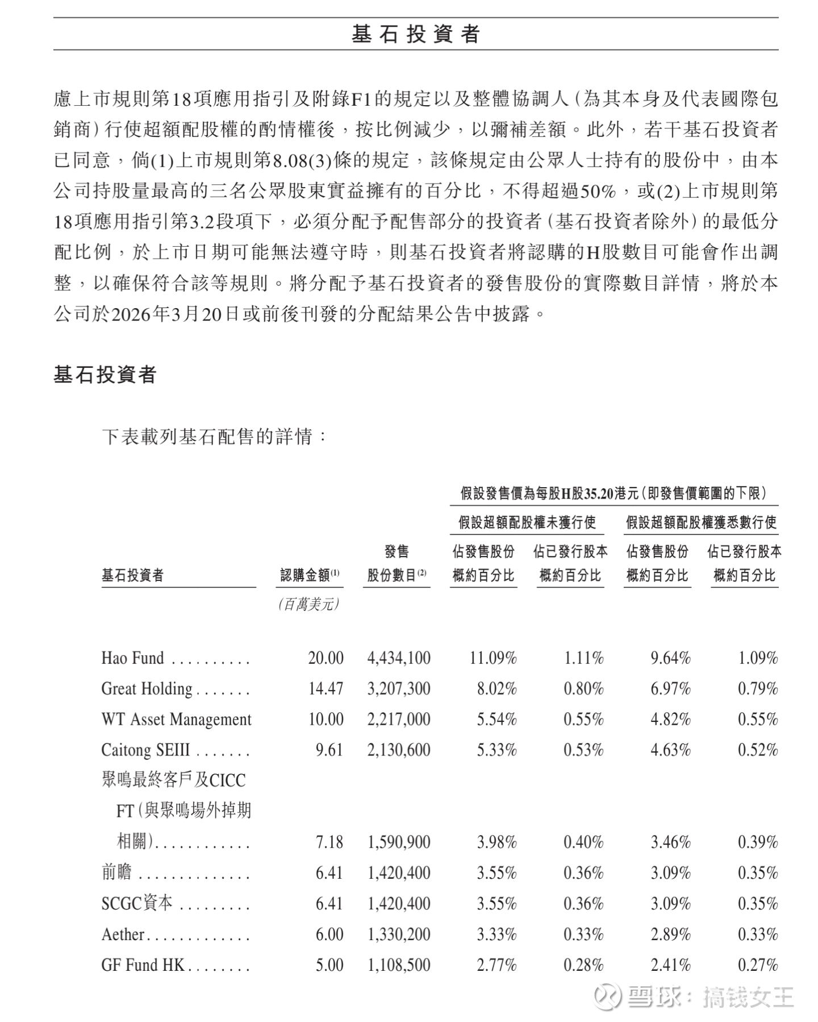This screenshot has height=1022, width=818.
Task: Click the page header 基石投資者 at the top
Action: [416, 34]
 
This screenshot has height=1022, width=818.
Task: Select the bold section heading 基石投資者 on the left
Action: [105, 375]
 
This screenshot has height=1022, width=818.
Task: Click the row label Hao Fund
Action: [132, 658]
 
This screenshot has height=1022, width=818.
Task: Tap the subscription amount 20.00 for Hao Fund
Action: [325, 658]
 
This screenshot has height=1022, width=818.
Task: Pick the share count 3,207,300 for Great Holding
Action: [399, 688]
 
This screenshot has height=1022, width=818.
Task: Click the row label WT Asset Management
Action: [176, 719]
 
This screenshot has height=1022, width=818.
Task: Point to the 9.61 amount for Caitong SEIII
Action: [329, 750]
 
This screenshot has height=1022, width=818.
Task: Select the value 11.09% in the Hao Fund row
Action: [493, 658]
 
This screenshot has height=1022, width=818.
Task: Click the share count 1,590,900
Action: [399, 842]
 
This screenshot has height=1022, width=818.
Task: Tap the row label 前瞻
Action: [116, 872]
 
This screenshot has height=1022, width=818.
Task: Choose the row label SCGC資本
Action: [137, 903]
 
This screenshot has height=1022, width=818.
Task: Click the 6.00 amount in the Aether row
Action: [329, 934]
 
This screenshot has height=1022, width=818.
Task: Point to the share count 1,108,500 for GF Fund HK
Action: [399, 965]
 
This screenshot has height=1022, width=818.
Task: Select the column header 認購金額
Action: [310, 575]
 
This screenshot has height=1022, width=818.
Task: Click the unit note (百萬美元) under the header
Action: [310, 604]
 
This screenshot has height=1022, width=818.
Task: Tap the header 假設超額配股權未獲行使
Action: [527, 522]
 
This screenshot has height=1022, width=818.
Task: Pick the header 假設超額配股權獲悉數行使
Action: [701, 522]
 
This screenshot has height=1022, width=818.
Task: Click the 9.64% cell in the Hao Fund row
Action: [670, 658]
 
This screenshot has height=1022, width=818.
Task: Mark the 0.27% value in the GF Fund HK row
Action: [758, 965]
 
